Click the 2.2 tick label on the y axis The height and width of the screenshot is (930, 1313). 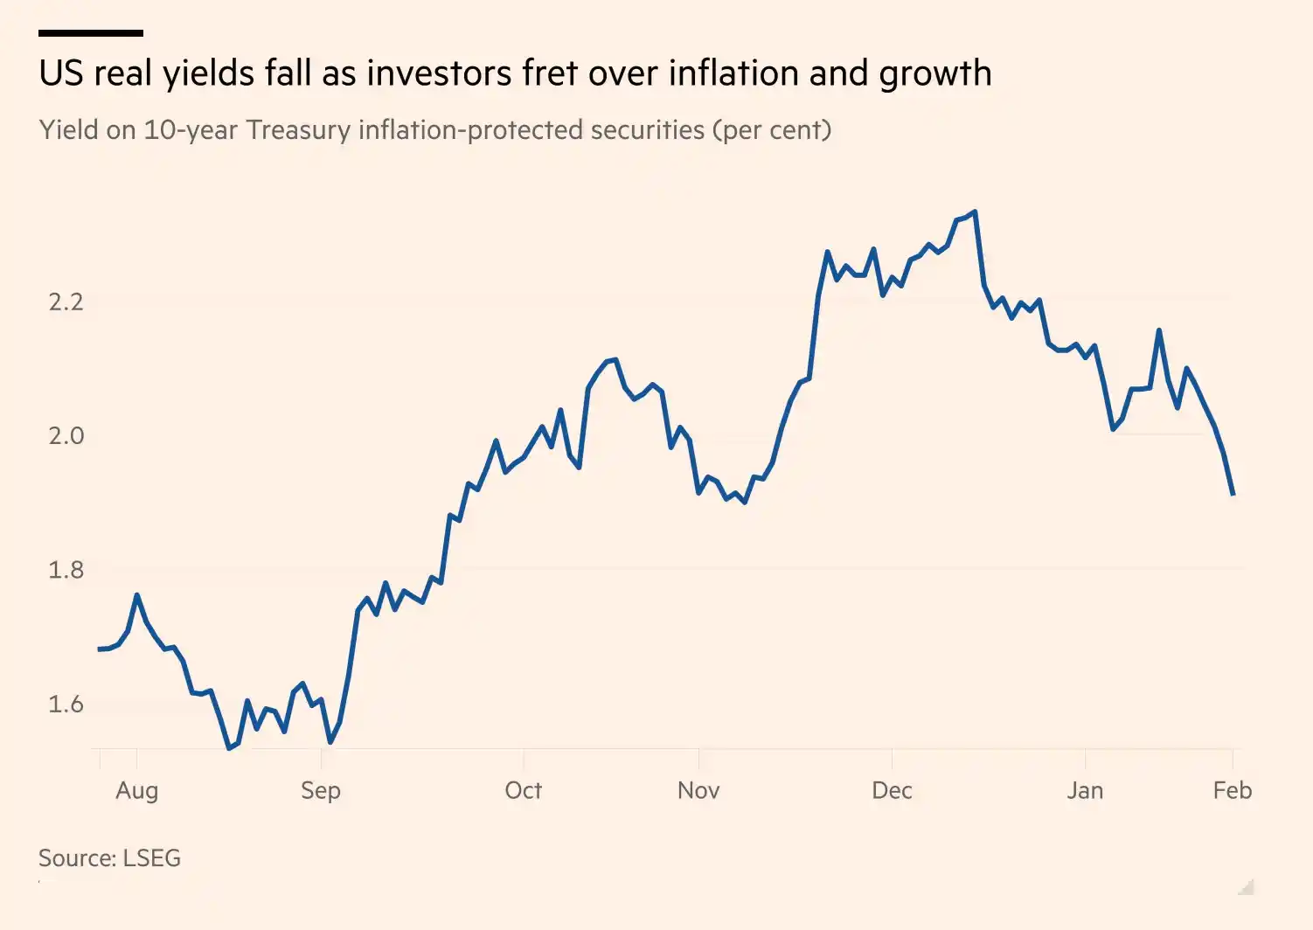tap(66, 302)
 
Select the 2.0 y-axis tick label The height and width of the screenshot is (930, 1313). tap(66, 435)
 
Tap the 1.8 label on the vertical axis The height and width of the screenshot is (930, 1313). tap(66, 570)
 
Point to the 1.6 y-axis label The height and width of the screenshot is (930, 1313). tap(66, 704)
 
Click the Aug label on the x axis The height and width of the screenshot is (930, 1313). tap(137, 790)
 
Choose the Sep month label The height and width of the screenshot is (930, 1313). tap(321, 790)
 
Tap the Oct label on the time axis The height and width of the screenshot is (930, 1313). tap(523, 790)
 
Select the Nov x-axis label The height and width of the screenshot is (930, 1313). tap(698, 790)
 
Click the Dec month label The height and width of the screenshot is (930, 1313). tap(892, 790)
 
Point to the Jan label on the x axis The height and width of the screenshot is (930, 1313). tap(1085, 790)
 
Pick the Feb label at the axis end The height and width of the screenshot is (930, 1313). tap(1233, 790)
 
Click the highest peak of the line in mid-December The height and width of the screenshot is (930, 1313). tap(975, 212)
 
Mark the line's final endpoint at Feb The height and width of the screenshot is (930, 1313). tap(1233, 494)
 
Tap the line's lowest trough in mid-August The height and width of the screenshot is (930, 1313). tap(229, 748)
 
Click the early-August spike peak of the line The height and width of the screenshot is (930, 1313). tap(137, 595)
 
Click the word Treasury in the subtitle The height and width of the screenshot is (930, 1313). tap(298, 130)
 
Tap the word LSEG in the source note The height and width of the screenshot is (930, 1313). tap(151, 857)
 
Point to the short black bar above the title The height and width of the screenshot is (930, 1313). tap(91, 33)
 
